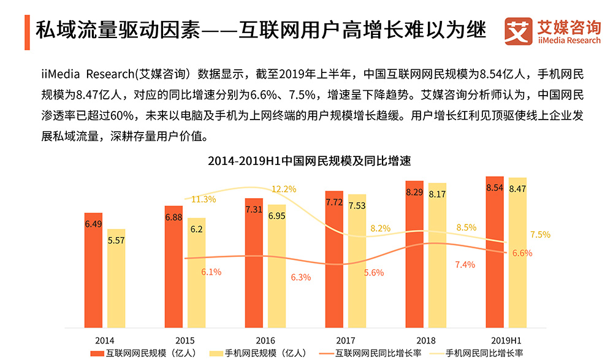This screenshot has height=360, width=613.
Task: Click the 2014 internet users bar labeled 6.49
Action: pyautogui.click(x=93, y=270)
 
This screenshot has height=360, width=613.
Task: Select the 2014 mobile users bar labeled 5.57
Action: pyautogui.click(x=116, y=279)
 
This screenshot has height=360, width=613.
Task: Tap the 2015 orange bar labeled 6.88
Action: pyautogui.click(x=173, y=267)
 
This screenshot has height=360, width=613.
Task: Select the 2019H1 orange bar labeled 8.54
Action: pyautogui.click(x=495, y=251)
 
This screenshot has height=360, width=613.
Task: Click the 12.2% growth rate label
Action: pyautogui.click(x=284, y=189)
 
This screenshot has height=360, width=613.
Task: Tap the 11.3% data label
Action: pyautogui.click(x=204, y=199)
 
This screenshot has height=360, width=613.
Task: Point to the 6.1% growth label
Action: pyautogui.click(x=211, y=272)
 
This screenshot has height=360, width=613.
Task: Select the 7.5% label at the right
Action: pyautogui.click(x=539, y=234)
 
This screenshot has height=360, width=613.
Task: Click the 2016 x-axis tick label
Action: pyautogui.click(x=265, y=340)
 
